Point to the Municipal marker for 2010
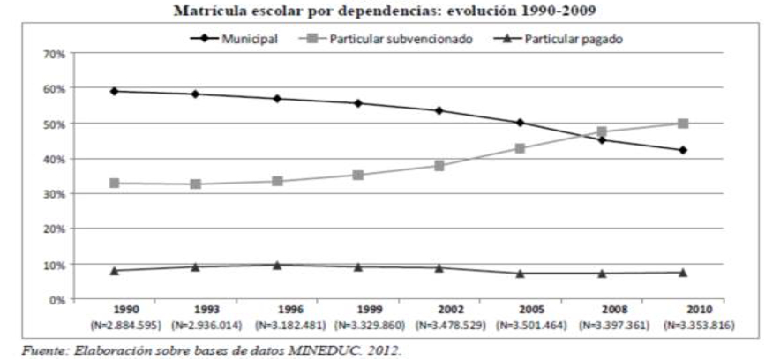683,150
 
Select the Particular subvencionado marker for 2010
683,124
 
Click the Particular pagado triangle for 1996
278,265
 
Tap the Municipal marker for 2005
521,123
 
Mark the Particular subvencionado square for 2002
439,165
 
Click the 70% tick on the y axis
55,54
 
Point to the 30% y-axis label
55,194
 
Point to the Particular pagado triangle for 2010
683,273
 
